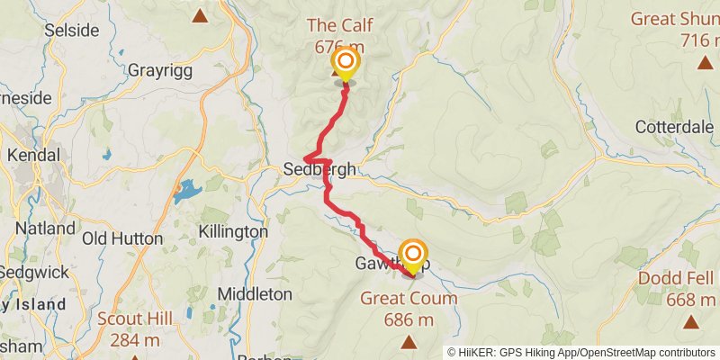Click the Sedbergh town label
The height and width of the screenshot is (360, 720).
319,169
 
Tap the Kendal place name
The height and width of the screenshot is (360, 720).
31,155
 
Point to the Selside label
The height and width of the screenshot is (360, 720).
71,30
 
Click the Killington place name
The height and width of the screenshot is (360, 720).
234,231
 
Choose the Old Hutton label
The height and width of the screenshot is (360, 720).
122,238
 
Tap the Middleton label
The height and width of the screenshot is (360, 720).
255,293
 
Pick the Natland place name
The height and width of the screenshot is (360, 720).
44,229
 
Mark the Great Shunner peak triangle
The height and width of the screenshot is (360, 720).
705,62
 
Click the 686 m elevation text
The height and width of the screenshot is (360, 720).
409,319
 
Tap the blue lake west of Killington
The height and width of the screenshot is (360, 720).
188,190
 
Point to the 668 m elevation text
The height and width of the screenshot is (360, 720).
689,299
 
